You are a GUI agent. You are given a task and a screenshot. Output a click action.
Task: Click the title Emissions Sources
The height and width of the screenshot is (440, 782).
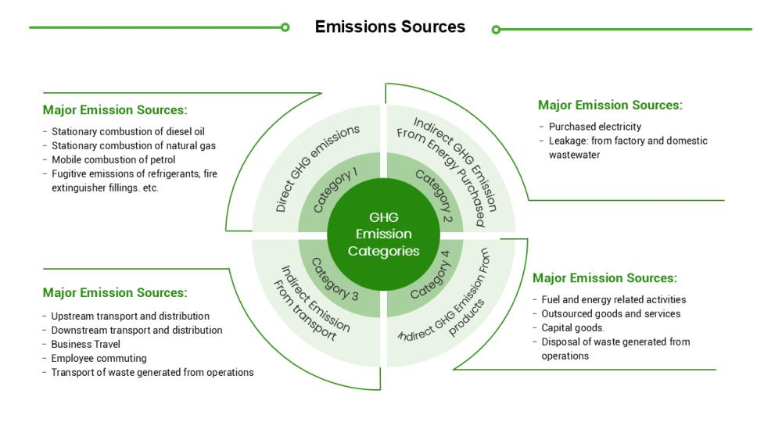389,27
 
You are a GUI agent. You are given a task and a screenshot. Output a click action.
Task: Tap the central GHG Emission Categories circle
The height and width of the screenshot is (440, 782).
383,234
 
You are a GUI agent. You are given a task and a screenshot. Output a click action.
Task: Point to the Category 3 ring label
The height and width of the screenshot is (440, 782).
335,278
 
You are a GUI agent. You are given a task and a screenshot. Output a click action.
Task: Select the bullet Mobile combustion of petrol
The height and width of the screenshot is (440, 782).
113,159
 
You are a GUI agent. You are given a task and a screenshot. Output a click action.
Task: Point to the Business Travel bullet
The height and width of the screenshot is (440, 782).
86,344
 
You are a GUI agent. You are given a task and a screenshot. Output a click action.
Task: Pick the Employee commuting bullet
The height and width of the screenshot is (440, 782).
99,358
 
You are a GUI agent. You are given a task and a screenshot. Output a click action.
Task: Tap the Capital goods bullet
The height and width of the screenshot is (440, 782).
572,327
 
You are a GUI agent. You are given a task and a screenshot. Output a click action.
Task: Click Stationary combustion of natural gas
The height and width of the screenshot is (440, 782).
133,145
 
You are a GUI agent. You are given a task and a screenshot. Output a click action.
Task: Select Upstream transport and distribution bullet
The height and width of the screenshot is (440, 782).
130,316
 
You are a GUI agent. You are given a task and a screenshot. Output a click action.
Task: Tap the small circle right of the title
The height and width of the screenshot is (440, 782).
496,30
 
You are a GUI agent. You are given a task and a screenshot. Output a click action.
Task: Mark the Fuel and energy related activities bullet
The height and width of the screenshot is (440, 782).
613,299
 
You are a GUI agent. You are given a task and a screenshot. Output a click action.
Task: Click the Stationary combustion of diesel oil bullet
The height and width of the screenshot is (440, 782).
127,131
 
